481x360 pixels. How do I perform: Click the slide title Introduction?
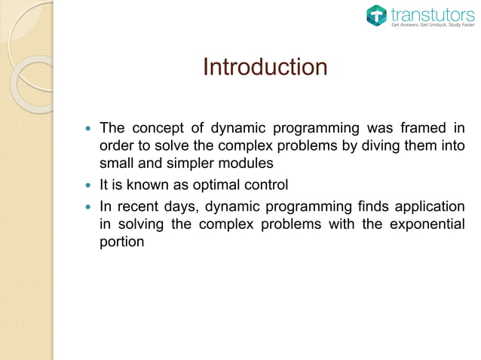(265, 67)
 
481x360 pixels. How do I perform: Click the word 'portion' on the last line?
(121, 243)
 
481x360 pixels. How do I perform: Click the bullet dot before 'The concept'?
(89, 128)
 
